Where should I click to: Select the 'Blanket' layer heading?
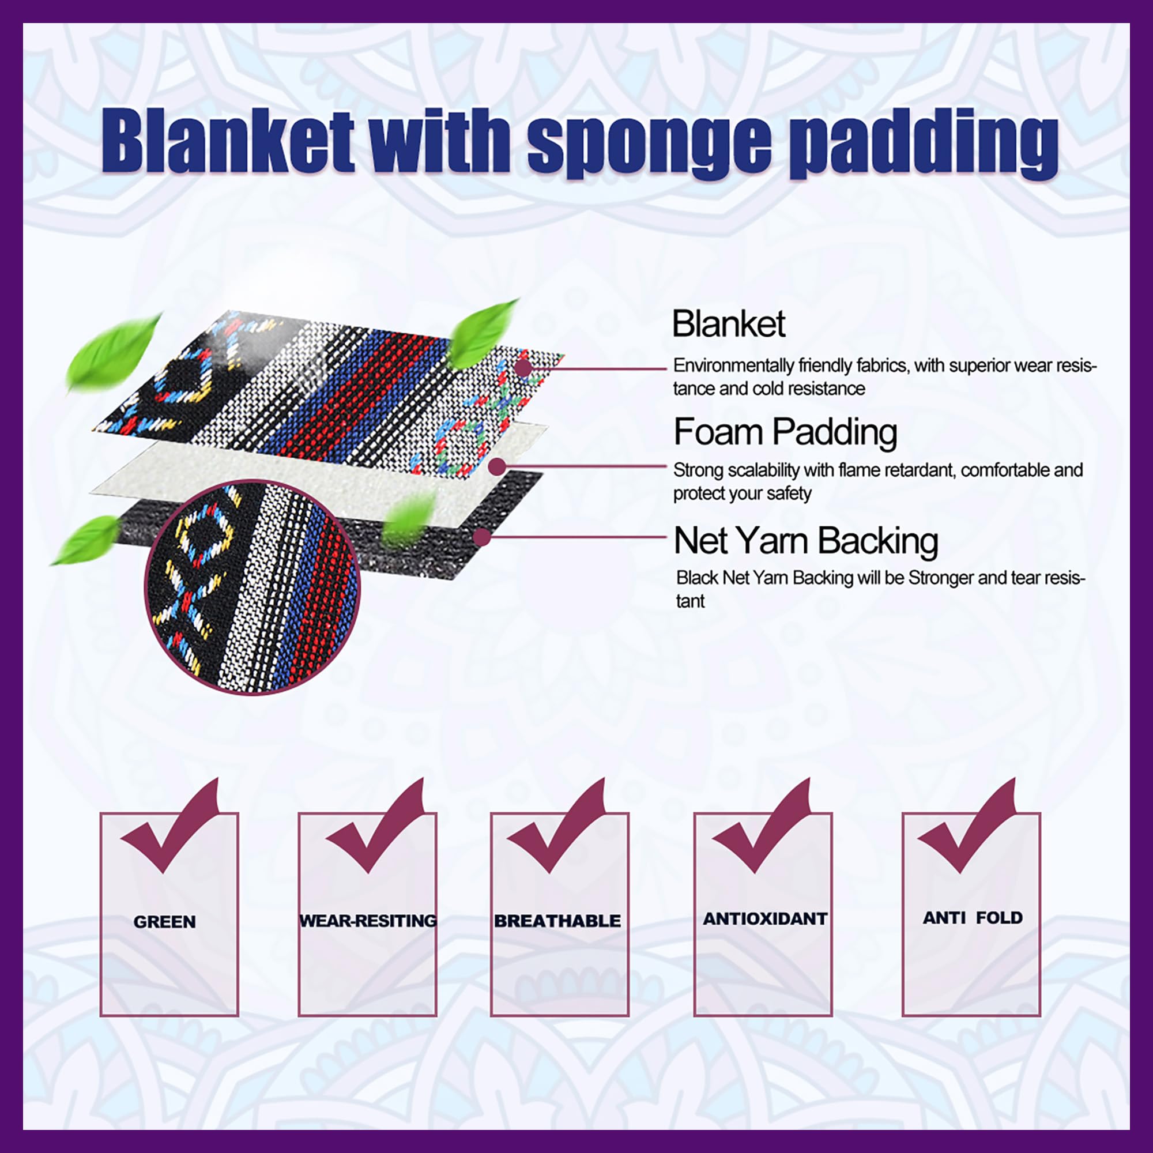point(728,324)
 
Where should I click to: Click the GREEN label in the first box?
point(165,922)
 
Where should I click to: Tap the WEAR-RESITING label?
point(368,921)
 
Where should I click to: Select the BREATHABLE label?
point(557,921)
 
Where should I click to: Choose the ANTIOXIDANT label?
point(764,918)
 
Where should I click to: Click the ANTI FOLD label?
point(972,918)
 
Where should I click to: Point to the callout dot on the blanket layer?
point(523,368)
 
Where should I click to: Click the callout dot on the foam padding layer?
point(496,467)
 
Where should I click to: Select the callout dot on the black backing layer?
point(481,537)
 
